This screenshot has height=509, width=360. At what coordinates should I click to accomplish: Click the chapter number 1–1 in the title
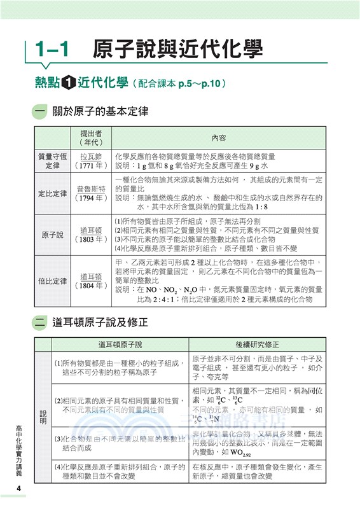click(55, 49)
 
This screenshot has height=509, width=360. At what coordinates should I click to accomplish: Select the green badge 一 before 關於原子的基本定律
click(42, 111)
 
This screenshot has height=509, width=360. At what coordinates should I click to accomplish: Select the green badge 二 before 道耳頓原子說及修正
click(42, 323)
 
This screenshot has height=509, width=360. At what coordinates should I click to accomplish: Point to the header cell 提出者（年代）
click(92, 138)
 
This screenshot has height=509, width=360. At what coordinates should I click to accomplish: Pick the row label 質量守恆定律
click(53, 161)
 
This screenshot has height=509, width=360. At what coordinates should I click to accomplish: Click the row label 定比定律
click(53, 193)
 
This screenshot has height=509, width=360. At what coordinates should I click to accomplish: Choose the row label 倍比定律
click(53, 281)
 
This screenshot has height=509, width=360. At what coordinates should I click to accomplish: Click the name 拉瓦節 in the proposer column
click(92, 156)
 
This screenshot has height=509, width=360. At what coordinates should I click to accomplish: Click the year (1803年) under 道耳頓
click(92, 240)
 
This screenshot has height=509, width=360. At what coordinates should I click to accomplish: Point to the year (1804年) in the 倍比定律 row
click(92, 286)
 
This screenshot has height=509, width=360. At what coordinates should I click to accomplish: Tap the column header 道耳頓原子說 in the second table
click(120, 344)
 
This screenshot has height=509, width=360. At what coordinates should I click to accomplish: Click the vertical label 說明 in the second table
click(43, 417)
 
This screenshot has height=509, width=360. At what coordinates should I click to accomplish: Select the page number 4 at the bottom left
click(20, 488)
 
